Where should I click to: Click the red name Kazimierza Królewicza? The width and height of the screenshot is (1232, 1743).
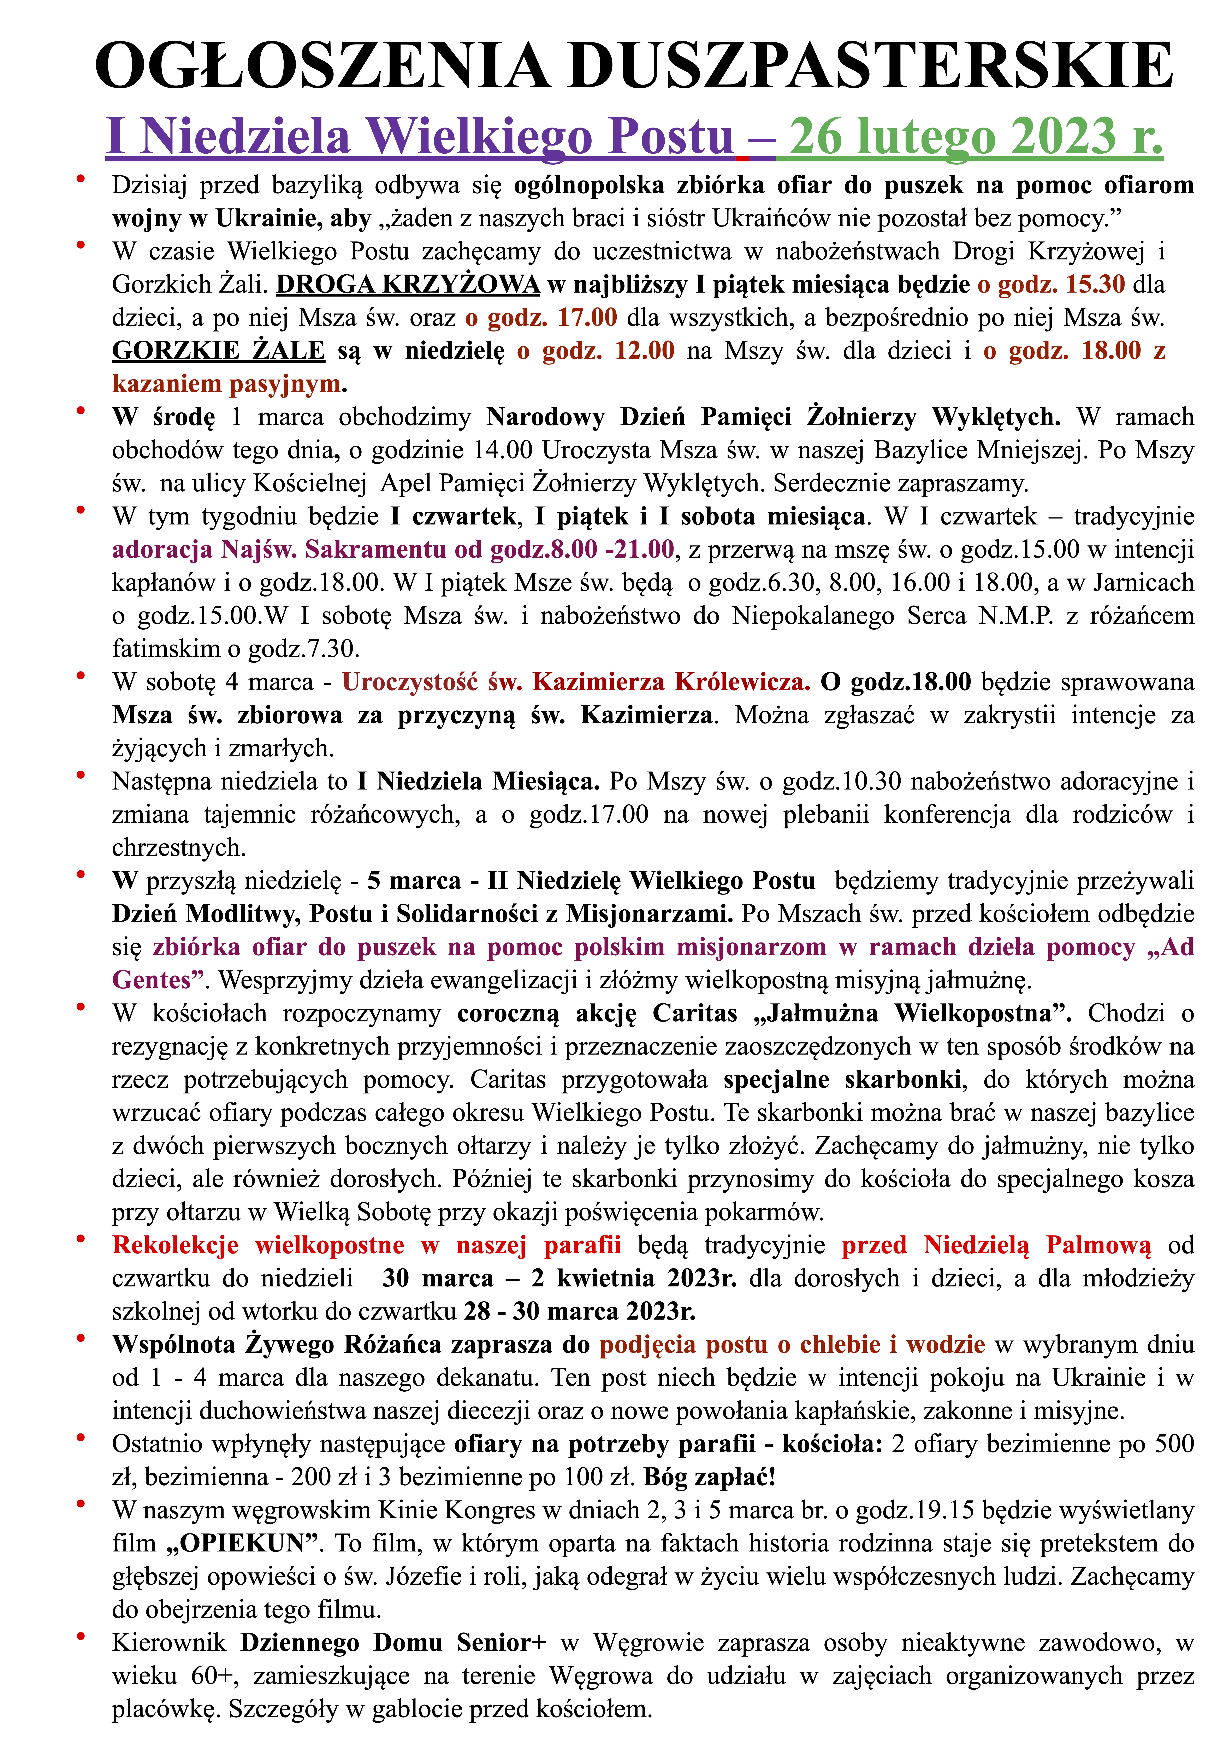[671, 682]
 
